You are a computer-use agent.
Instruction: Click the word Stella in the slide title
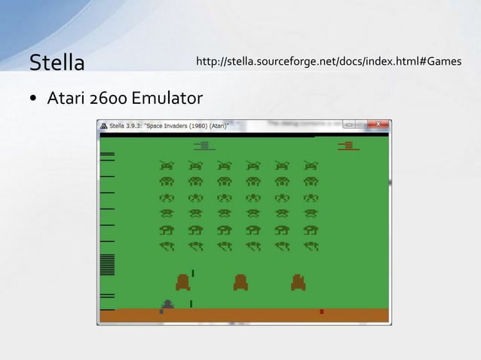click(57, 63)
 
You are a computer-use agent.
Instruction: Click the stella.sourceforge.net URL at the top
click(328, 60)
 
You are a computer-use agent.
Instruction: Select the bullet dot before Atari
click(35, 99)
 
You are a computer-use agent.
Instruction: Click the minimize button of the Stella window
click(349, 124)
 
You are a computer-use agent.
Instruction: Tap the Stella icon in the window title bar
click(104, 125)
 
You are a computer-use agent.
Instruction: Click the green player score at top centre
click(204, 145)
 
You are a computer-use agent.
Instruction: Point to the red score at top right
click(348, 145)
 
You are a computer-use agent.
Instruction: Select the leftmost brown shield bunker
click(183, 282)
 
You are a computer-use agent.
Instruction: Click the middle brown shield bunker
click(240, 282)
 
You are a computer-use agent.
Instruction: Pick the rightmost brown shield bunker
click(299, 282)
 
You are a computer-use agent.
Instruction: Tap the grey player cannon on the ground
click(167, 305)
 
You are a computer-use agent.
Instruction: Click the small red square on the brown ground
click(322, 311)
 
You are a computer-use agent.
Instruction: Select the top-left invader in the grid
click(166, 165)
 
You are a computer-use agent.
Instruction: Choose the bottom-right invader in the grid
click(310, 246)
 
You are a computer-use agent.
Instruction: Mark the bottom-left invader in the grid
click(166, 246)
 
